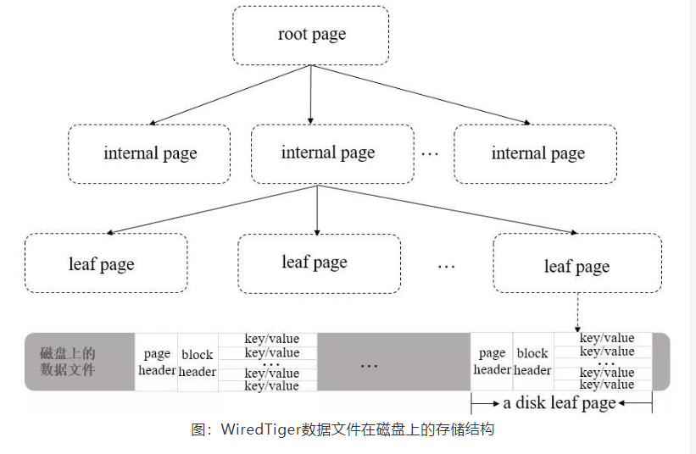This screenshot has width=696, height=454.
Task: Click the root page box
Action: click(x=311, y=36)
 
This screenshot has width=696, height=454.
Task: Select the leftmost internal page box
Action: click(x=149, y=153)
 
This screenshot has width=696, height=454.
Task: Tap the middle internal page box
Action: click(x=327, y=153)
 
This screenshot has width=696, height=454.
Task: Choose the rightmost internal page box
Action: click(x=537, y=153)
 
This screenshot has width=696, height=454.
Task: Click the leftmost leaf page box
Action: click(x=105, y=263)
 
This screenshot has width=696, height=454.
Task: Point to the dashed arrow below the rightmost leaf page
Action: click(x=577, y=313)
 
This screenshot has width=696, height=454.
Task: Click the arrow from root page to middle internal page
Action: click(x=311, y=94)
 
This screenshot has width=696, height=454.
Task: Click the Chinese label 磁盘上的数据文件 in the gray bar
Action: click(x=68, y=361)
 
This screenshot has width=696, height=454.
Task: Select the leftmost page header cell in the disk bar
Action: click(x=157, y=362)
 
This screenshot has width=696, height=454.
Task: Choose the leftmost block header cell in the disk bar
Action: click(x=198, y=363)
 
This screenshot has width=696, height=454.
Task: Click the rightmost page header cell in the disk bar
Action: click(x=492, y=361)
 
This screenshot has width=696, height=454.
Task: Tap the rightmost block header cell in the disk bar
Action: click(x=532, y=361)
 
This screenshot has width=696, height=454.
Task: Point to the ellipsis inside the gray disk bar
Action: click(x=369, y=365)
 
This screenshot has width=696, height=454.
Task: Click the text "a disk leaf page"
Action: click(x=560, y=403)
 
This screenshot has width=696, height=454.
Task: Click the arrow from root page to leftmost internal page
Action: click(x=229, y=95)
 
